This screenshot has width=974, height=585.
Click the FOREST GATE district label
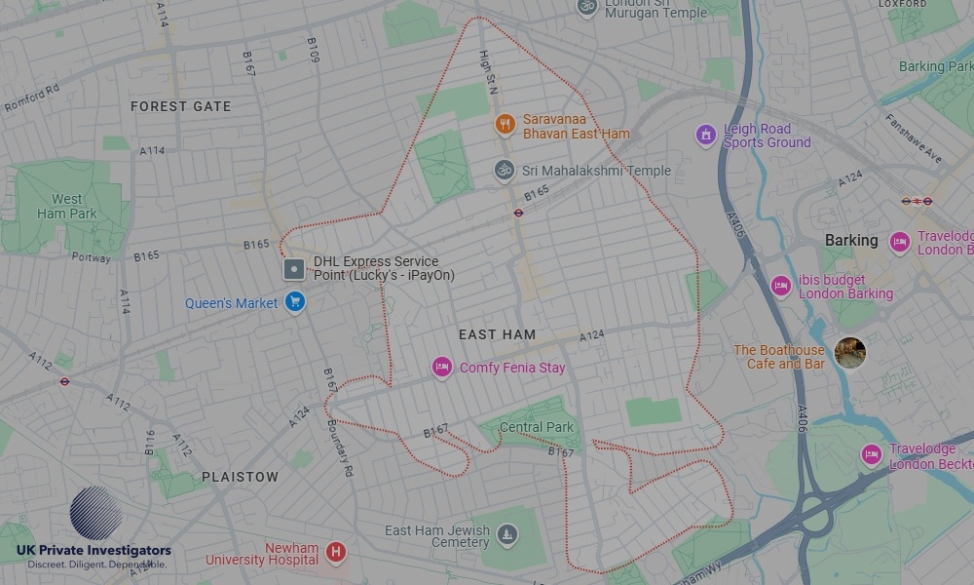tap(181, 106)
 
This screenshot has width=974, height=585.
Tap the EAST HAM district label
tap(497, 334)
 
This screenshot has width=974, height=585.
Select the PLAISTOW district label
tap(240, 477)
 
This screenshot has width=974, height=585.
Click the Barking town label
tap(851, 240)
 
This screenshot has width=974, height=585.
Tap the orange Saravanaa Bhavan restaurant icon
tap(505, 124)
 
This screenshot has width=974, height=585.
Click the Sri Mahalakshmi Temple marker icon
tap(504, 171)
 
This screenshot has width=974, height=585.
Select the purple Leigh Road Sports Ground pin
tap(705, 135)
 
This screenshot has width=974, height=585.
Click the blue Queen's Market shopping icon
tap(295, 302)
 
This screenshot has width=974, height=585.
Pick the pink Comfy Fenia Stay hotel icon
tap(442, 368)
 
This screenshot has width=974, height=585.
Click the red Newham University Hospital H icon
tap(336, 553)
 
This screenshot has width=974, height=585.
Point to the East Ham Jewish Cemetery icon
tap(506, 533)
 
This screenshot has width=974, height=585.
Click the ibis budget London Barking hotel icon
tap(780, 286)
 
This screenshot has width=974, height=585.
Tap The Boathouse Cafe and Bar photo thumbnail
tap(849, 353)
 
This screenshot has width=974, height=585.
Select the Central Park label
tap(537, 427)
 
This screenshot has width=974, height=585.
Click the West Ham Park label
tap(67, 206)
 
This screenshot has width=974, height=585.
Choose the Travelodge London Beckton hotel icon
tap(872, 454)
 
